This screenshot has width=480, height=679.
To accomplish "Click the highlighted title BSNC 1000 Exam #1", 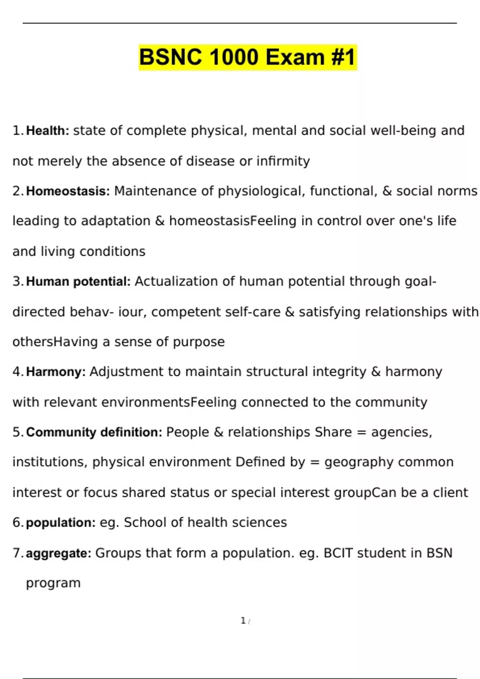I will (247, 57).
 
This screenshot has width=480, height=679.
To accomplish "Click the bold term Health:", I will (48, 131).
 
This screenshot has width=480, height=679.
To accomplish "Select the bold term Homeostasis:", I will (68, 191).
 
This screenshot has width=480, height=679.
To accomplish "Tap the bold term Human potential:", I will (78, 282).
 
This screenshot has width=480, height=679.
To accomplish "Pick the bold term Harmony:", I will (56, 372).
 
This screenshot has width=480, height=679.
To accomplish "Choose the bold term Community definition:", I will (94, 432).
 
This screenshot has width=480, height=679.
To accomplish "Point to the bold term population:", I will (60, 522).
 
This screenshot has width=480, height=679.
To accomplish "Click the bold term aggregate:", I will (58, 553).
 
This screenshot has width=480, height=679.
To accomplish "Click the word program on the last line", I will (53, 583).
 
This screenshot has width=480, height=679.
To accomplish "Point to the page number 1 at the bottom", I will (243, 620).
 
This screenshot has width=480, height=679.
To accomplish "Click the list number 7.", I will (18, 553).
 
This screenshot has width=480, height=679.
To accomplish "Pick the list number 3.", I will (18, 282).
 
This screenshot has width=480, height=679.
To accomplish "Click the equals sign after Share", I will (361, 432).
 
